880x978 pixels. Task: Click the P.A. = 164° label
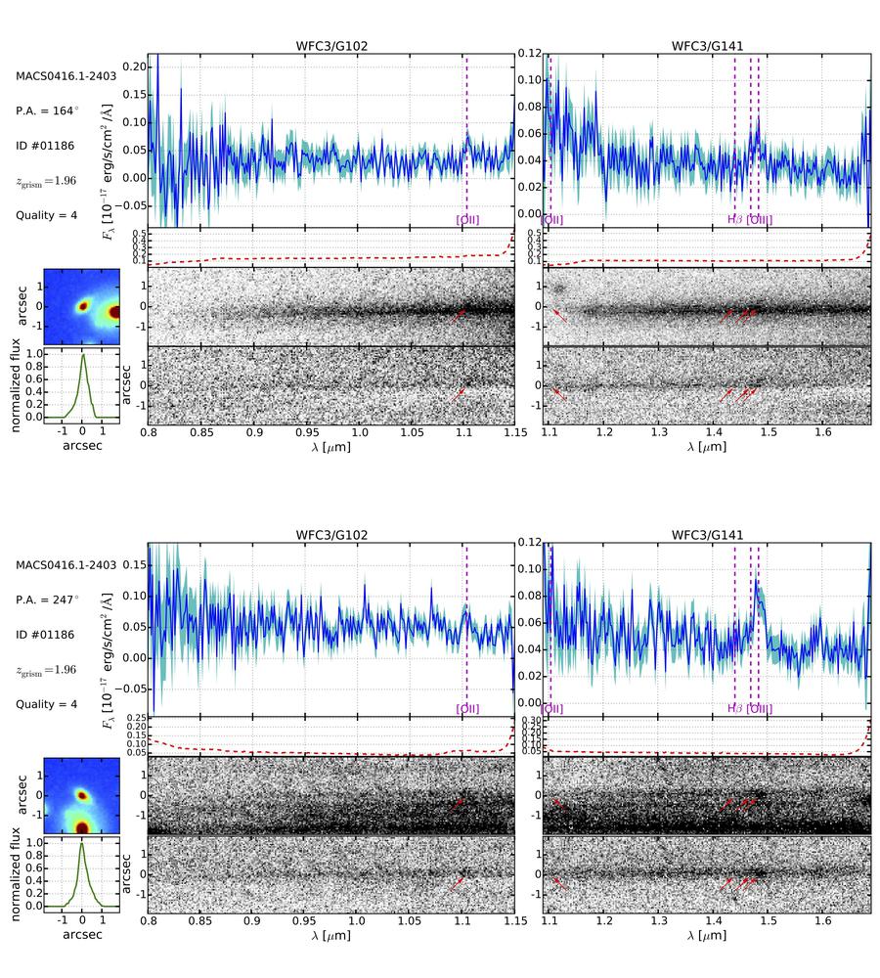click(49, 111)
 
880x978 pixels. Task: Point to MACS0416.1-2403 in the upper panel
click(66, 76)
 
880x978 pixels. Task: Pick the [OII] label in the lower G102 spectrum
click(467, 709)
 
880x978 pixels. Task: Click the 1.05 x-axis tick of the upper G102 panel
click(414, 432)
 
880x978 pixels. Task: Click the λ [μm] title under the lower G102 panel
click(330, 936)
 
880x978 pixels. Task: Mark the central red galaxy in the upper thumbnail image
click(83, 305)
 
